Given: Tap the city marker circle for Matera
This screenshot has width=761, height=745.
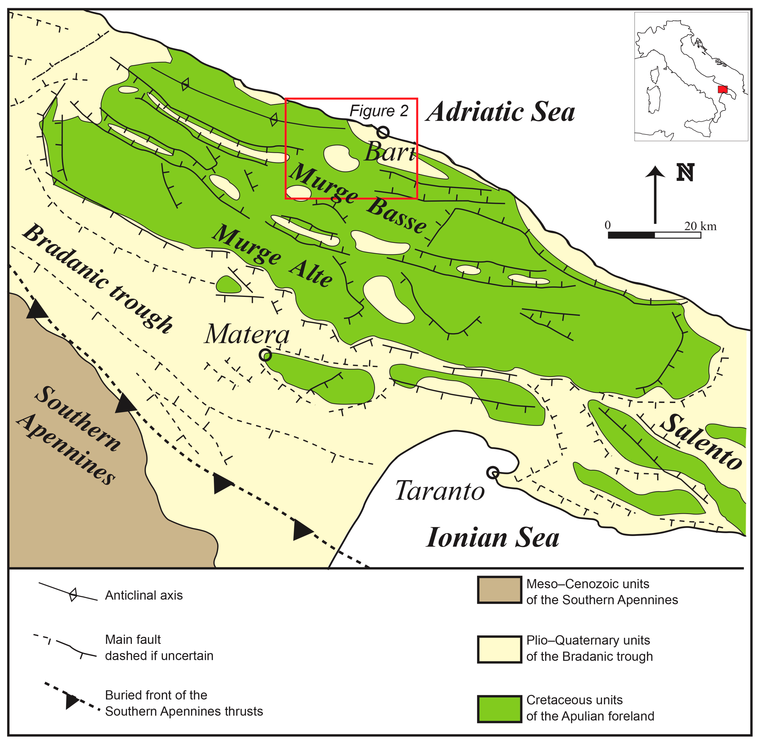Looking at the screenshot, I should pyautogui.click(x=265, y=355).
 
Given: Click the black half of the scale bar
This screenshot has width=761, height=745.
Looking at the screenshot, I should pyautogui.click(x=631, y=235).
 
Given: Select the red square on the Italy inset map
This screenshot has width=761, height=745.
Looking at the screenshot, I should pyautogui.click(x=723, y=89).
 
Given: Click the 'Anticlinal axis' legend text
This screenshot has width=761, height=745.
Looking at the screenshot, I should pyautogui.click(x=144, y=595).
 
